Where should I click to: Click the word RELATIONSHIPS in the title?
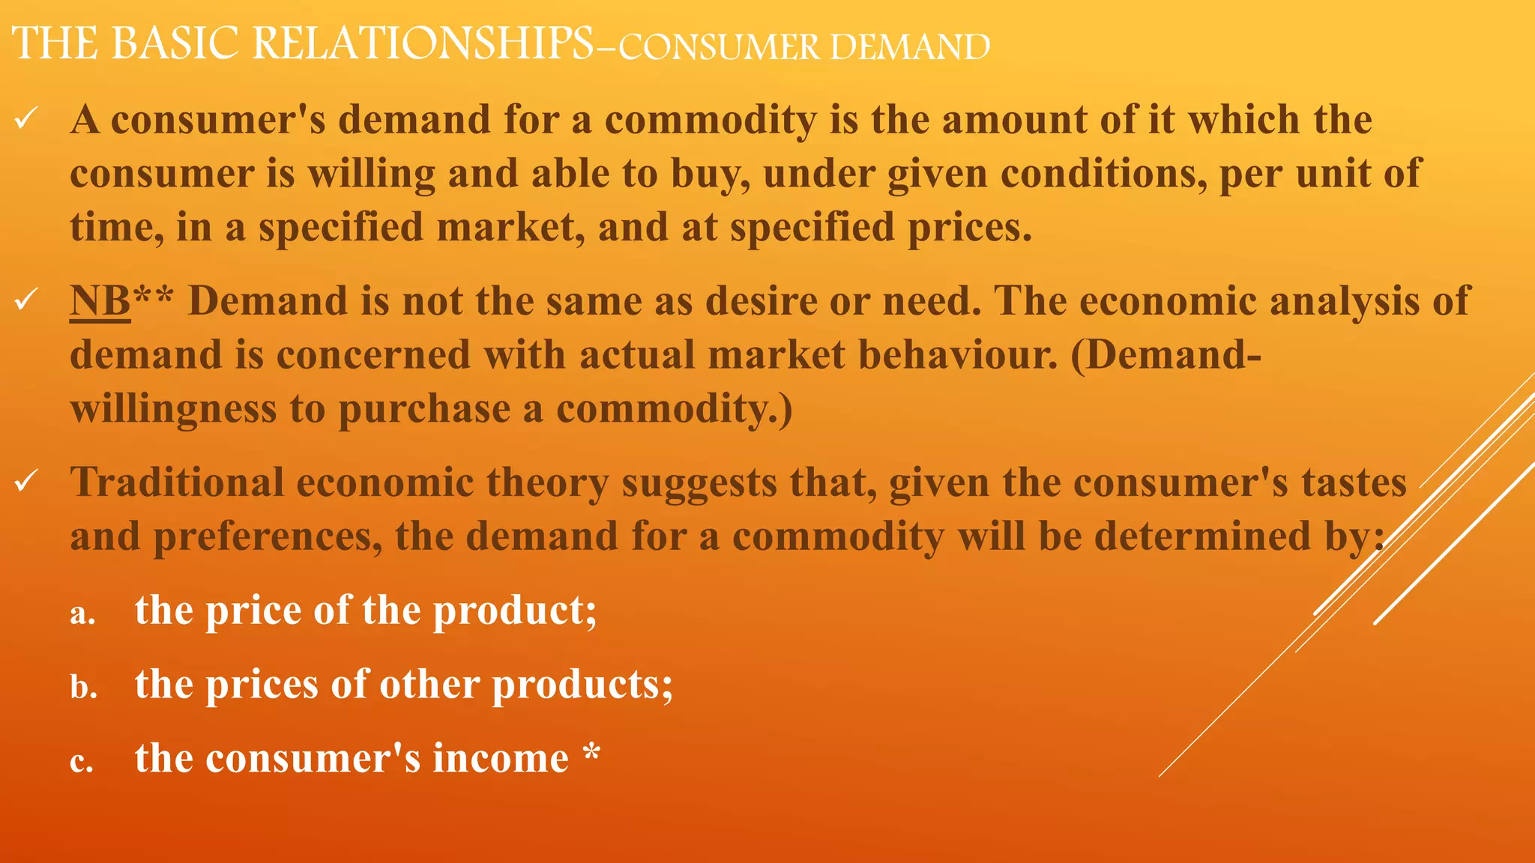pos(423,43)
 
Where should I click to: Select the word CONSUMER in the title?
pos(719,47)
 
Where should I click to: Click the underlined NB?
pos(100,301)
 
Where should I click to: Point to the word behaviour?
pos(957,355)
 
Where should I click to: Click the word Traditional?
pos(177,482)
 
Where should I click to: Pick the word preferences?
pos(268,537)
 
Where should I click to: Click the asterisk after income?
pos(592,751)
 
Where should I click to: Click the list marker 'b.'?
pos(84,687)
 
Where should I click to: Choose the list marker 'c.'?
pos(82,762)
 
